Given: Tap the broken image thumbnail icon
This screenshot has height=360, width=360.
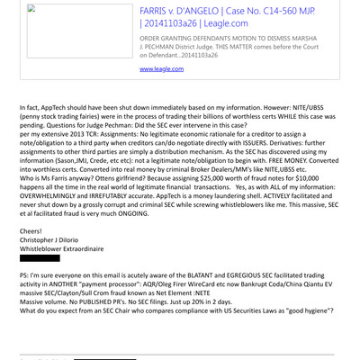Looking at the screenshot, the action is tap(33, 10).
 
